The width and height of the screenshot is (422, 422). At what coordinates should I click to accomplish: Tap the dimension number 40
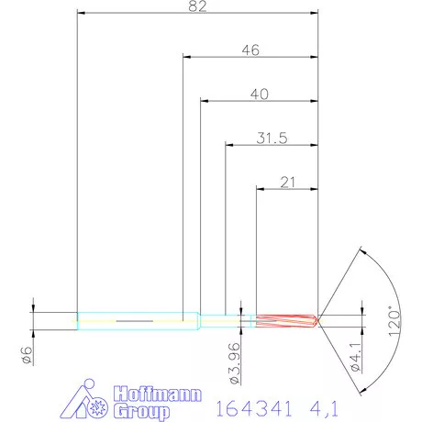coord(259,94)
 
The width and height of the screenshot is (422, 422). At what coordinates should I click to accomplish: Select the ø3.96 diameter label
coord(236,360)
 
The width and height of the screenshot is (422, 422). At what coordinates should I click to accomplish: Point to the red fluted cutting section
coord(284,320)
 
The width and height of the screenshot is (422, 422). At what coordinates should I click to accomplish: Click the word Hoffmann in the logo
coord(150,394)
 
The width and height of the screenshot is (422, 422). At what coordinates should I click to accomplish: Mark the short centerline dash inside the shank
coord(134,320)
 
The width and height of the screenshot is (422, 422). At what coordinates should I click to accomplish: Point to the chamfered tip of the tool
coord(316,320)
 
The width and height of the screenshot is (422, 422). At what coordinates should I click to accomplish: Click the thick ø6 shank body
coord(138,320)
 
